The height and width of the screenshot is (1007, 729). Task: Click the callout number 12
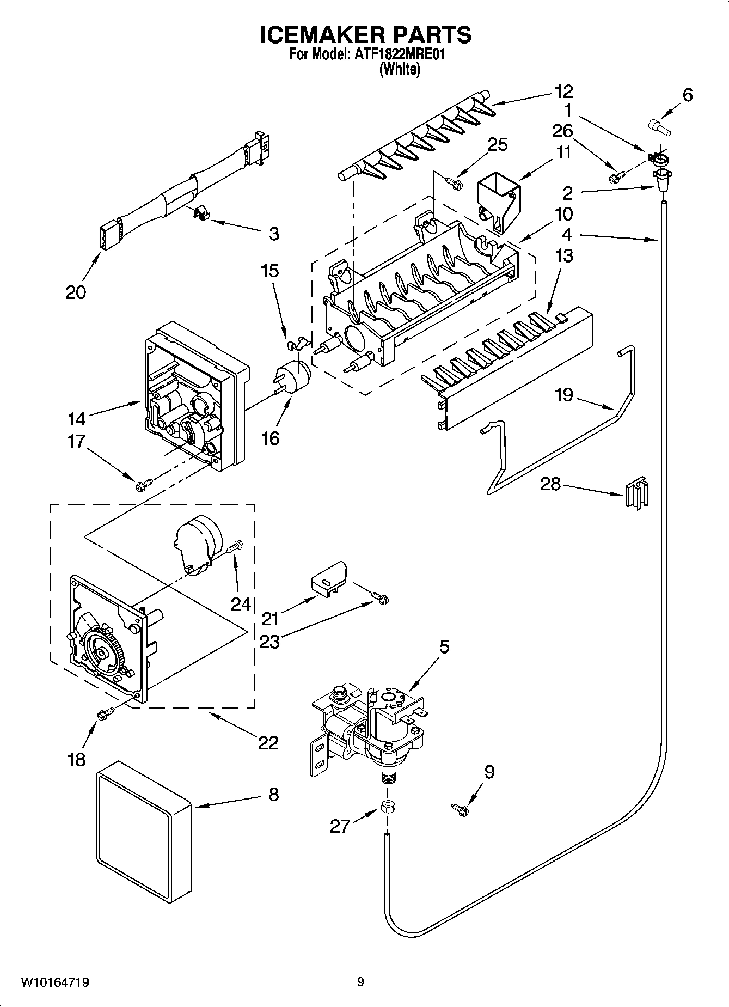(563, 91)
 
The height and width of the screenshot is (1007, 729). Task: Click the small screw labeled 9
(460, 810)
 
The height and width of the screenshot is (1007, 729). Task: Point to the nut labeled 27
(388, 807)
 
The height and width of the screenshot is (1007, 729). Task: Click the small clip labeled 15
(296, 344)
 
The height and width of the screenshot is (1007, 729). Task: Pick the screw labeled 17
(143, 482)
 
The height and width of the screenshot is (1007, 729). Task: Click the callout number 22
(268, 742)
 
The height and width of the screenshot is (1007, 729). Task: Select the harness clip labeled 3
(203, 213)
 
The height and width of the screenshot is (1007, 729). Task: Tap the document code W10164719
(55, 983)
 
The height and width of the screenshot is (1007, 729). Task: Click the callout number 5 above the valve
(444, 647)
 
